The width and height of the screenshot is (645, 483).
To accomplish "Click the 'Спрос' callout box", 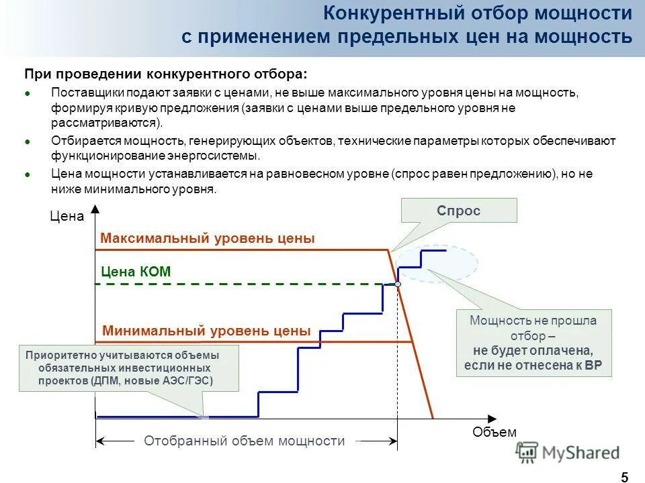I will coord(459,211).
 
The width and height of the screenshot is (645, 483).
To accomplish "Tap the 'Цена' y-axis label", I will coord(67,217).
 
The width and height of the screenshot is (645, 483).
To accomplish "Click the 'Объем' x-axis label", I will coord(494,433).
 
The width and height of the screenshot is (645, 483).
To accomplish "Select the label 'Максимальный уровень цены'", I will coord(207,239).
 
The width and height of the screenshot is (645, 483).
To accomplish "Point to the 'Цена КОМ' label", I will coord(136,272).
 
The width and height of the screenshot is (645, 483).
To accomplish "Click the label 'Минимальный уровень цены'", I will coord(206,331).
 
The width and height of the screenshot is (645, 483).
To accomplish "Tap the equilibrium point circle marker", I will coord(398,284).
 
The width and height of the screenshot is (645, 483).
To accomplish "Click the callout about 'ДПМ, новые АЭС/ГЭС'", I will coord(128,368).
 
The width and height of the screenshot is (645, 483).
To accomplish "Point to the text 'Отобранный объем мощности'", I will coord(244,441).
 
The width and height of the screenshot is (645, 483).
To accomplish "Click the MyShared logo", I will coord(568,453).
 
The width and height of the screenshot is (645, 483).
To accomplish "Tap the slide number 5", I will coord(624,477).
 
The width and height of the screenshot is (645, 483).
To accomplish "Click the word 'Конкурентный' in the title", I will coord(385,13).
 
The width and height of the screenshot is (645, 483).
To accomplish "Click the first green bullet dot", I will coord(28,94).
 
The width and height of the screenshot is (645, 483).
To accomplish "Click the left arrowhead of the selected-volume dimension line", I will coord(100,441).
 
